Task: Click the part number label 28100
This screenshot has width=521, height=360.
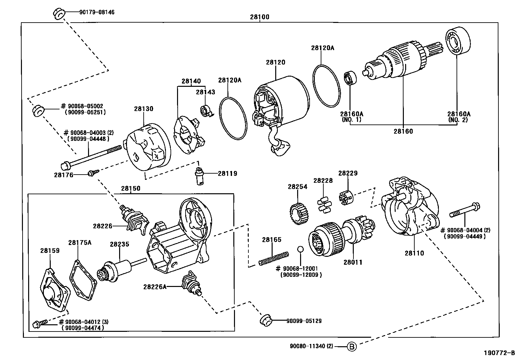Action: [260, 17]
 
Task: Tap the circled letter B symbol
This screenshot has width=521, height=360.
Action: [351, 346]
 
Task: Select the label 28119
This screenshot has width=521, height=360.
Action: [227, 174]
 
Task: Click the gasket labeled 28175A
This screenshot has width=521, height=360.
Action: [82, 280]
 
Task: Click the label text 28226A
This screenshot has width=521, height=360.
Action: [154, 287]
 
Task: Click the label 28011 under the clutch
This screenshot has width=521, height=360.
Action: [353, 262]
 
